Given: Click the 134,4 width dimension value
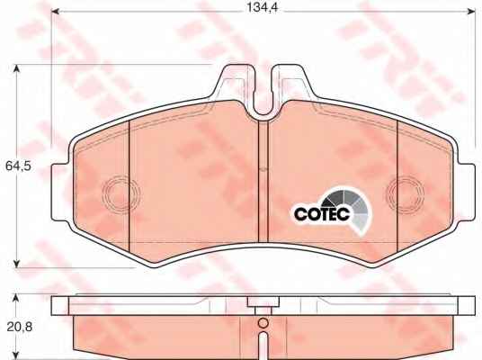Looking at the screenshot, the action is point(263,8).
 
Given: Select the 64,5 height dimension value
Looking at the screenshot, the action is point(19,166).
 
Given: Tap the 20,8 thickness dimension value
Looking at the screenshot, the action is point(20,327).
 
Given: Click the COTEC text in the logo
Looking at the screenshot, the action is point(322,213).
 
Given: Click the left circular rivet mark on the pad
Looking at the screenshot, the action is point(120,194).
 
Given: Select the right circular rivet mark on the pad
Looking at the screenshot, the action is point(406,193).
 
